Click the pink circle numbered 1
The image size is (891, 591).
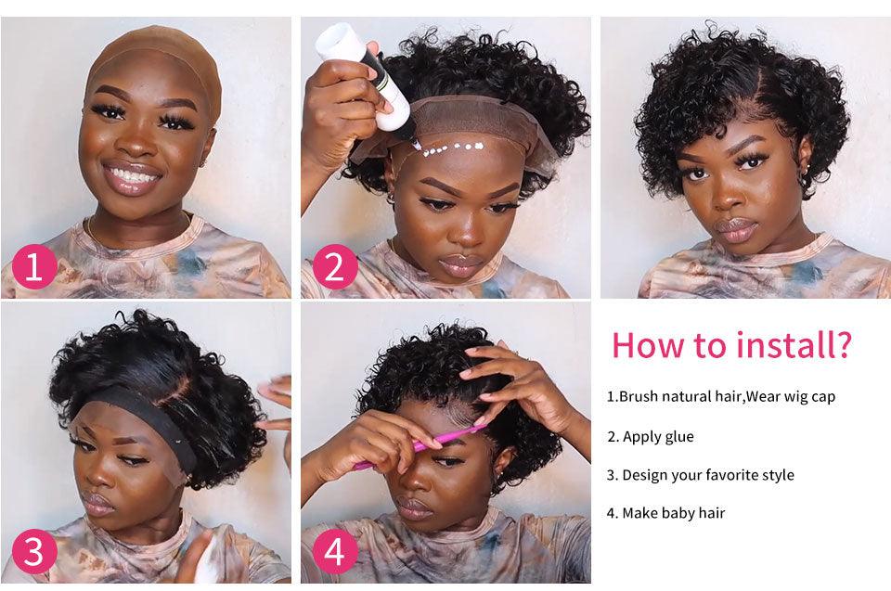(x=34, y=268)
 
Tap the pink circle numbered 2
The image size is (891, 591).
(x=335, y=268)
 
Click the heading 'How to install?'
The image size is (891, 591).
(x=730, y=345)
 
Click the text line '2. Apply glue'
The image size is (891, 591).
(x=651, y=436)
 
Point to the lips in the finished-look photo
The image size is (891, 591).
(x=737, y=228)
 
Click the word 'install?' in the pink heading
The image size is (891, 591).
(x=794, y=345)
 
